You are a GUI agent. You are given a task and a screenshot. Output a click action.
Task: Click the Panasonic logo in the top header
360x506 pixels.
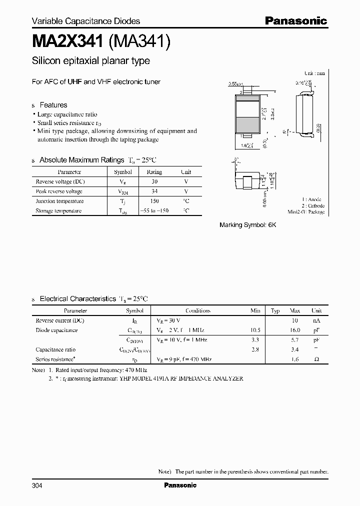(295, 21)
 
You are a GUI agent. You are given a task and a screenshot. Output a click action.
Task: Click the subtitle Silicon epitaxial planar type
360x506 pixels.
(90, 61)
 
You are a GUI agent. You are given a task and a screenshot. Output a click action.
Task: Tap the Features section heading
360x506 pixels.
(53, 105)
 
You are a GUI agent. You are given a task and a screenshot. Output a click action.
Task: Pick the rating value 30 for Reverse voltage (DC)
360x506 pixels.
(154, 181)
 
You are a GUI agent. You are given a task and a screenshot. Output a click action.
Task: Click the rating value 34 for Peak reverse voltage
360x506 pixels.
(154, 191)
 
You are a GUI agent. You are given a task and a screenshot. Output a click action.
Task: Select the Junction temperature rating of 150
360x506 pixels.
(154, 201)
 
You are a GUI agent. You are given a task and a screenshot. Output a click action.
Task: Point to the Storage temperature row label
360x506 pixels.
(58, 211)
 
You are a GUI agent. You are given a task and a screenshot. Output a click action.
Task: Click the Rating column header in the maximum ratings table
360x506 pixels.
(154, 172)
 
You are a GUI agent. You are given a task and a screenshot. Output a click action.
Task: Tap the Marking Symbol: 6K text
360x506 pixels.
(247, 225)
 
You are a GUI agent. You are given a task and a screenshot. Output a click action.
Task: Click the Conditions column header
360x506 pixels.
(198, 310)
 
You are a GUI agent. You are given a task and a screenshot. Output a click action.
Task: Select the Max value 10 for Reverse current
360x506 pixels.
(295, 320)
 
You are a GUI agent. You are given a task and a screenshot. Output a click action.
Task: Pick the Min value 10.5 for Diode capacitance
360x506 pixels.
(255, 330)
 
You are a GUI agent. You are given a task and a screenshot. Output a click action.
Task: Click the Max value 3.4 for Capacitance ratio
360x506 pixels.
(295, 349)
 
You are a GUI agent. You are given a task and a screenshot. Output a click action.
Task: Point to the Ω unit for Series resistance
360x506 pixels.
(316, 359)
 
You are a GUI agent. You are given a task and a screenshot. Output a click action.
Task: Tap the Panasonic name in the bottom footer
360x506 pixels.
(180, 485)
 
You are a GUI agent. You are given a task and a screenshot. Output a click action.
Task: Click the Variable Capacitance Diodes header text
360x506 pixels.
(85, 21)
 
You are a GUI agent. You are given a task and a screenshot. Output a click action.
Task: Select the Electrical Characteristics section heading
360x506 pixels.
(78, 298)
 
